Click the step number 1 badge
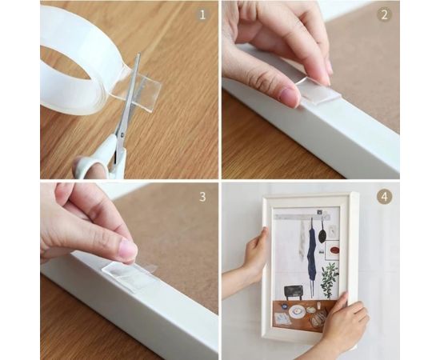click(203, 14)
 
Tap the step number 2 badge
click(384, 14)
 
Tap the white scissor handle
click(96, 163)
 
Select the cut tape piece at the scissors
click(144, 90)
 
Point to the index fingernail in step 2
click(288, 95)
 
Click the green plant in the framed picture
click(329, 278)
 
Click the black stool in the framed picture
click(294, 290)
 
